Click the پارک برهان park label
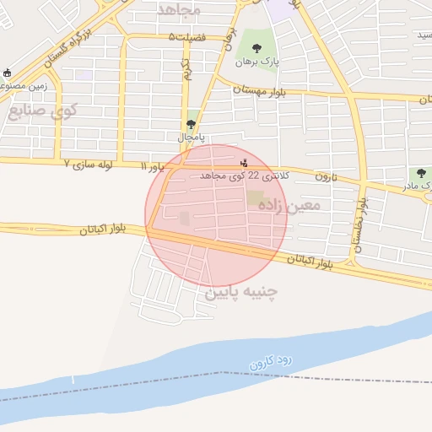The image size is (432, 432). (256, 62)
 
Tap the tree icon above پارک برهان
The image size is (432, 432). (256, 47)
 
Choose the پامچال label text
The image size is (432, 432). (191, 136)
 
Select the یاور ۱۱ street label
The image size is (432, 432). (154, 169)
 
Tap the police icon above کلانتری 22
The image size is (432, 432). (245, 162)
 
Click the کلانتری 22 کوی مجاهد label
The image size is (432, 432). (245, 175)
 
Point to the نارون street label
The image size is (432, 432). (326, 176)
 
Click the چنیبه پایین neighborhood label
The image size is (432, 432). (241, 293)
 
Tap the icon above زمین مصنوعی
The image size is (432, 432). (8, 73)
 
